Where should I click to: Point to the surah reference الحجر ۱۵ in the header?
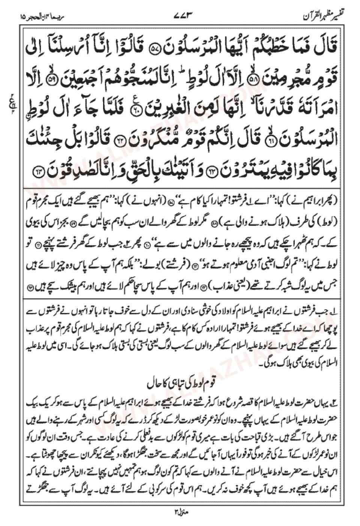pyautogui.click(x=33, y=17)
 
